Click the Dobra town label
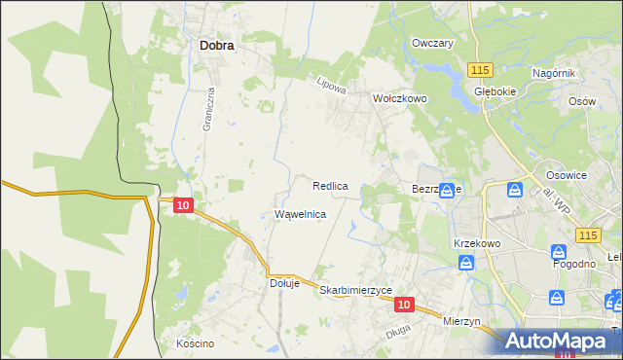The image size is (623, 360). click(x=217, y=44)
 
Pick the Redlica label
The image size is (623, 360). click(x=331, y=185)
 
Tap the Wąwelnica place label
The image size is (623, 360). click(x=300, y=213)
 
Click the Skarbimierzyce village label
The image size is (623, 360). click(x=355, y=290)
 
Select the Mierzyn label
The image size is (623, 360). click(x=462, y=321)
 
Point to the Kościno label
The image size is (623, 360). click(x=195, y=344)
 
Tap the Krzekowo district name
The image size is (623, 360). click(x=476, y=242)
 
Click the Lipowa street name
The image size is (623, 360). click(x=331, y=86)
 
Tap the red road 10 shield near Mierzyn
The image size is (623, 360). click(x=406, y=305)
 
